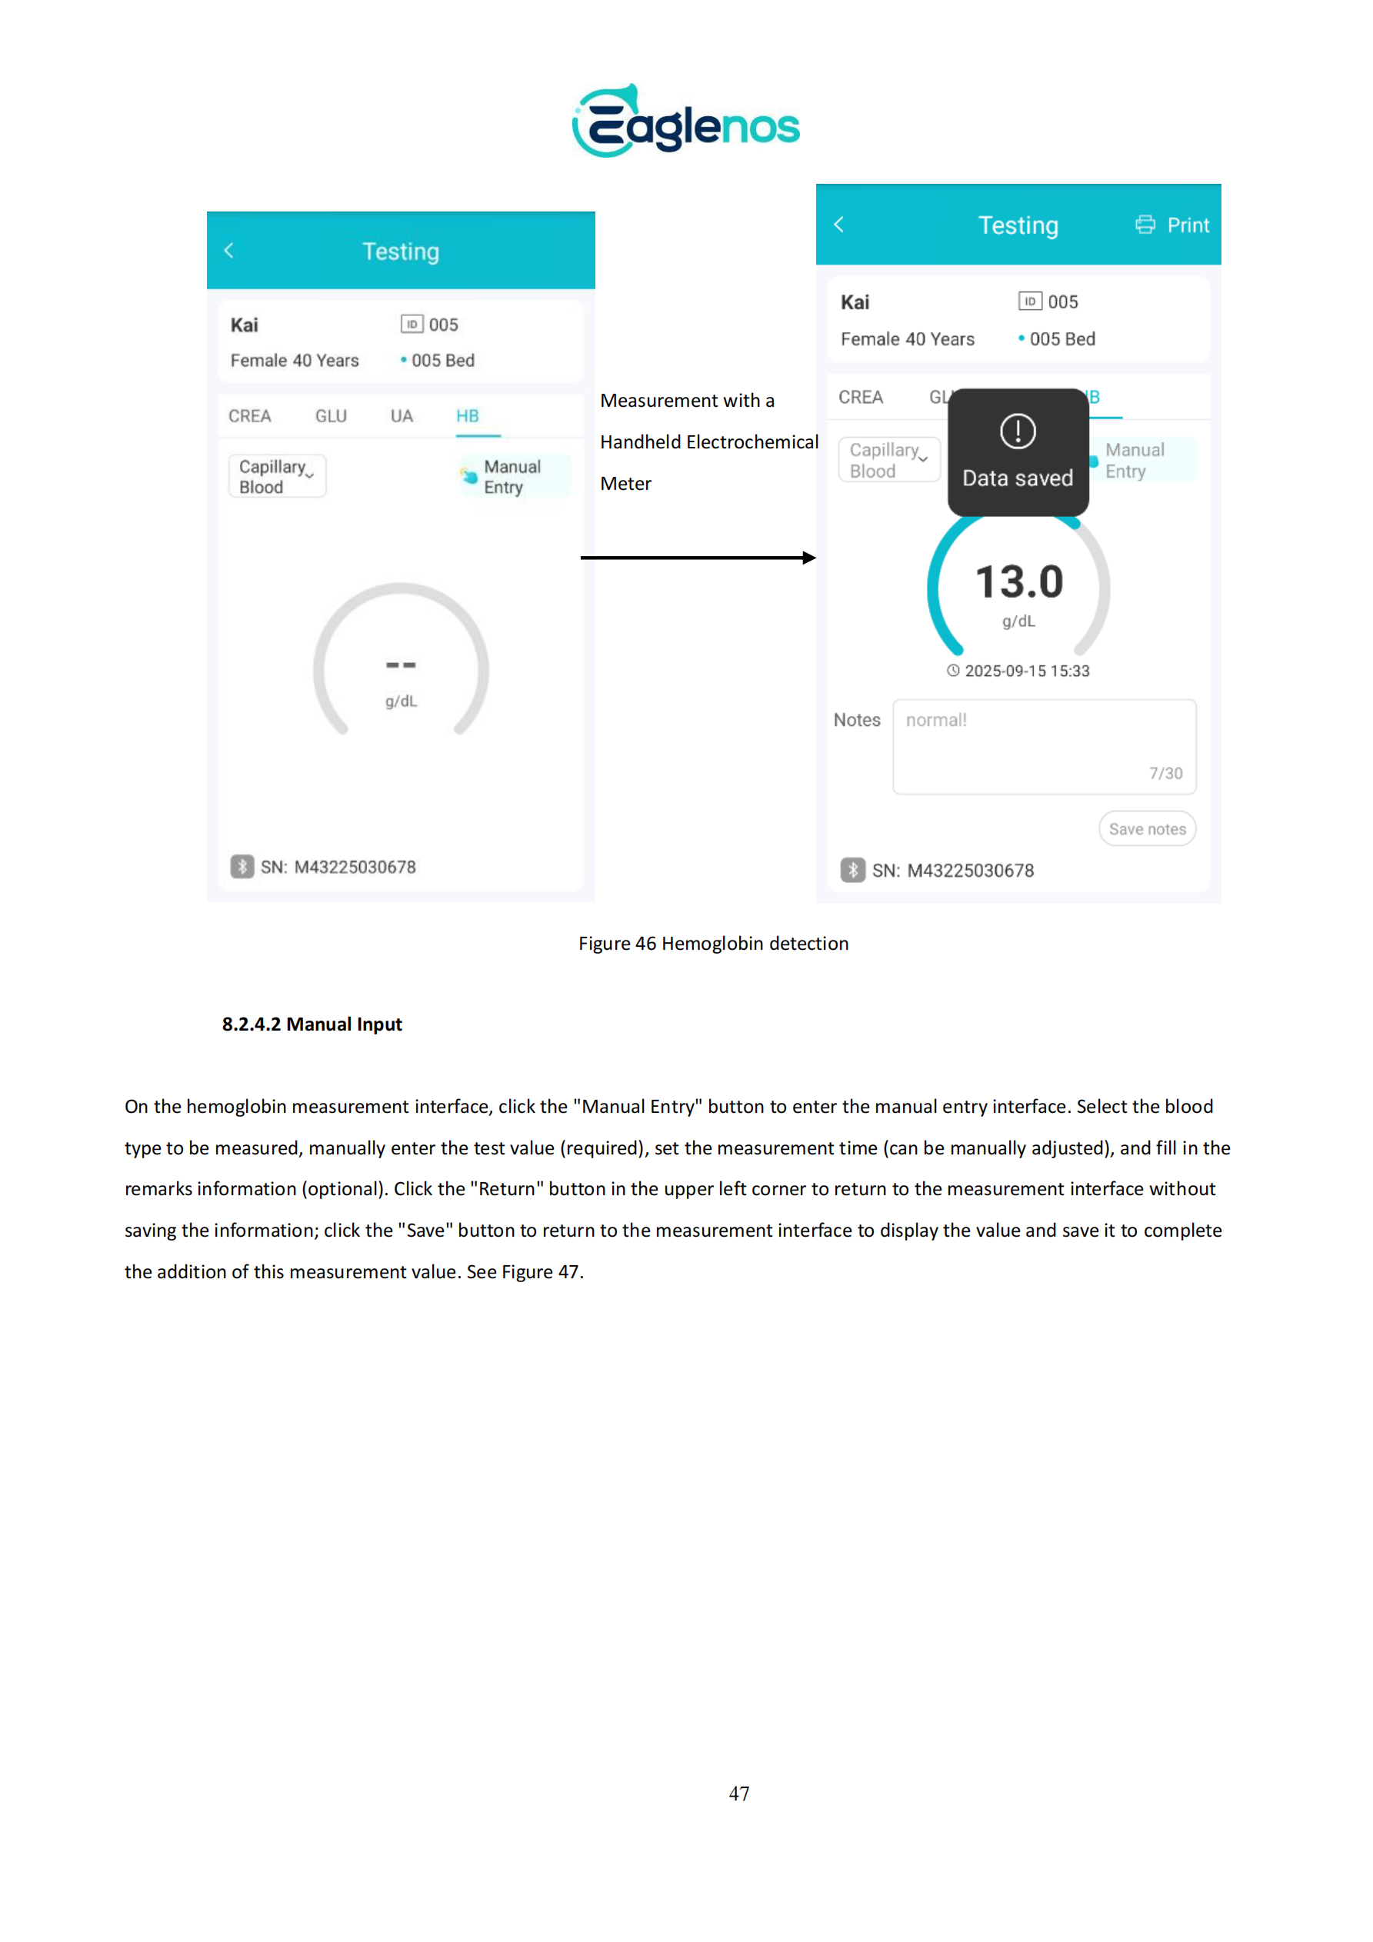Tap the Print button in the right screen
tap(1171, 225)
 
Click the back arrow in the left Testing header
tap(228, 251)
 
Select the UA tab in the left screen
tap(401, 416)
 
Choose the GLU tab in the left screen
tap(331, 416)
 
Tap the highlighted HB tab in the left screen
tap(468, 416)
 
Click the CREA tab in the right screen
tap(861, 398)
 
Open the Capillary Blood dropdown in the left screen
tap(277, 476)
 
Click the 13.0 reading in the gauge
tap(1018, 583)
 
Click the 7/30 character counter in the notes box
tap(1165, 773)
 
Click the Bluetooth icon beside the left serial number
tap(243, 867)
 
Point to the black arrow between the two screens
tap(698, 558)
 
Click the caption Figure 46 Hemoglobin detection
tap(713, 944)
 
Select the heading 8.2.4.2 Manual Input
tap(312, 1024)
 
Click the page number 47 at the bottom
tap(738, 1794)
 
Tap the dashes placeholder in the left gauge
tap(401, 665)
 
